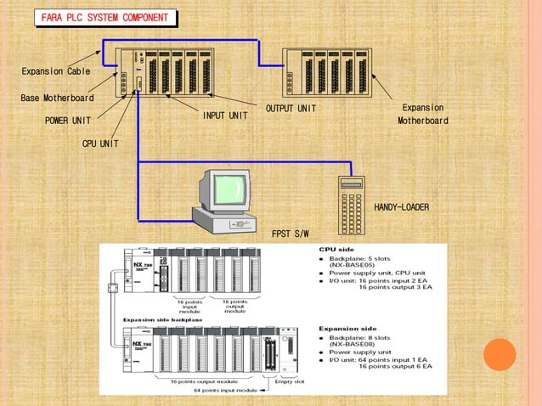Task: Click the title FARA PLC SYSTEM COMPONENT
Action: click(x=104, y=18)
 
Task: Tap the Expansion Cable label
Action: click(x=56, y=71)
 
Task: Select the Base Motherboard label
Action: click(x=57, y=98)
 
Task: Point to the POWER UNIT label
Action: click(x=68, y=121)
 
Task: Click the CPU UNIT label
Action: click(x=100, y=144)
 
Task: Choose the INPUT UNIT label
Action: click(x=225, y=116)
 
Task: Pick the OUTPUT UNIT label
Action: click(x=291, y=109)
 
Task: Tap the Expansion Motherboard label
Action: click(x=422, y=115)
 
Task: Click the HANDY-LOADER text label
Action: click(x=401, y=207)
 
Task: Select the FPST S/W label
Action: click(x=291, y=234)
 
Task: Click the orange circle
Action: click(x=500, y=354)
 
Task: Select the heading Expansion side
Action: click(x=348, y=327)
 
